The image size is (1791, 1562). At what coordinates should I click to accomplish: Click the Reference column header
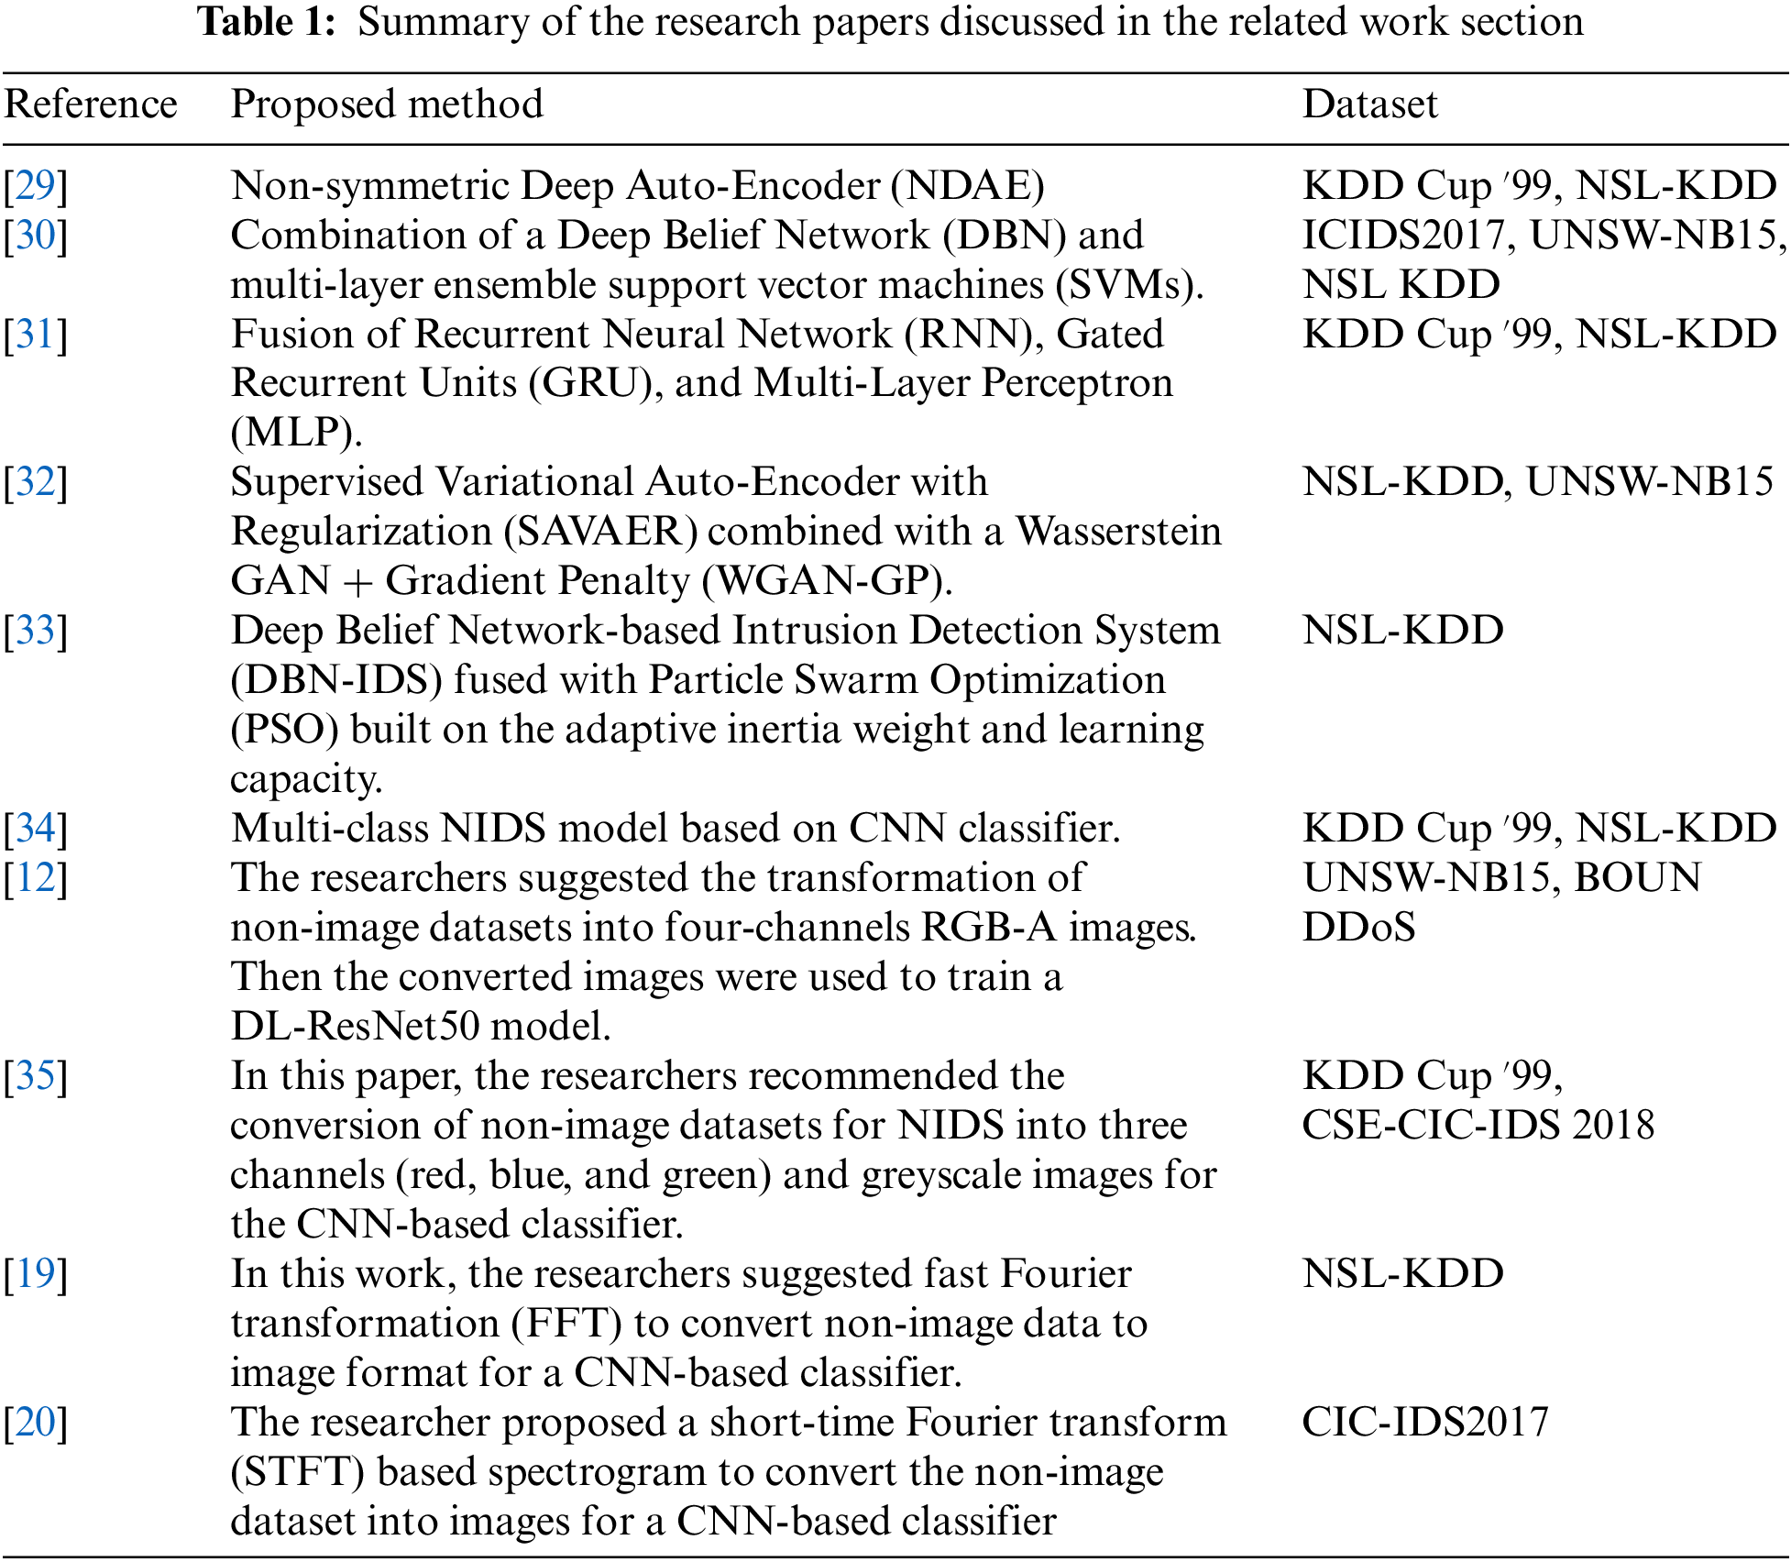90,104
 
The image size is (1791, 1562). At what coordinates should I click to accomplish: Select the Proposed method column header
386,104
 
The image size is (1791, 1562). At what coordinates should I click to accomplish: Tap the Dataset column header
1369,104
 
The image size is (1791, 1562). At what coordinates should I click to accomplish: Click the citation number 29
36,186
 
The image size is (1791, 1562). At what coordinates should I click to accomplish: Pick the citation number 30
36,236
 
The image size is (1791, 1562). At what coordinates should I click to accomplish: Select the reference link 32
36,482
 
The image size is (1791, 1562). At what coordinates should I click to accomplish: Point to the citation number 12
36,878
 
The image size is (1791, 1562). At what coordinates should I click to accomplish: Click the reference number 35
36,1076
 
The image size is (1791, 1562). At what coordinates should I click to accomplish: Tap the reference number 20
36,1423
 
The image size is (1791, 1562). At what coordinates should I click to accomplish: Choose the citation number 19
36,1274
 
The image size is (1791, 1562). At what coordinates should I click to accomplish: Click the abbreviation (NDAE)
968,186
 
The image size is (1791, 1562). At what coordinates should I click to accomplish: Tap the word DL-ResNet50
355,1027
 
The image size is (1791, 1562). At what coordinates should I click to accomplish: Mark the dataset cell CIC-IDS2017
1424,1423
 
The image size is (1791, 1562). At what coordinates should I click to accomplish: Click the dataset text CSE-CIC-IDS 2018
1478,1126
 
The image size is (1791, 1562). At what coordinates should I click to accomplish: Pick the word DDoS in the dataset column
1358,928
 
